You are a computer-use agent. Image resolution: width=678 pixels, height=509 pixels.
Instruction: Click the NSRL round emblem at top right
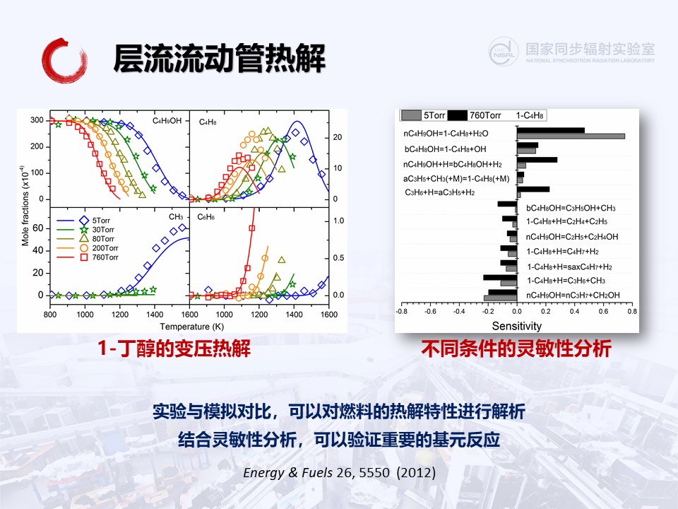504,52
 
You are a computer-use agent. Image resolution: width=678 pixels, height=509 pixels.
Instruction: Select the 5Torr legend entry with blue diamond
83,221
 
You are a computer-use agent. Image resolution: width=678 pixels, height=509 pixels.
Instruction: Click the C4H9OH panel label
167,121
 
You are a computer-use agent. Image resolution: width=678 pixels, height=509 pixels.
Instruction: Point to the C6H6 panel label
206,217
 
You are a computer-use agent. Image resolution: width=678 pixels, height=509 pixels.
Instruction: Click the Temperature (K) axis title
192,327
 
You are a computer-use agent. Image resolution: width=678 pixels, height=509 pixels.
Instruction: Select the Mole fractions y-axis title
25,206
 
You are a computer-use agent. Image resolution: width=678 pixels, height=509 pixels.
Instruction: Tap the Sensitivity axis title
517,326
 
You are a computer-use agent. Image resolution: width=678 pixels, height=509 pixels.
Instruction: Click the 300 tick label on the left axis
37,120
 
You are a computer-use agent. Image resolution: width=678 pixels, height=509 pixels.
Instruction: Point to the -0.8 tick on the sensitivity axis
402,311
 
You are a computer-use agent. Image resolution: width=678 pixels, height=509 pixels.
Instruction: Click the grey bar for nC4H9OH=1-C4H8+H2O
571,136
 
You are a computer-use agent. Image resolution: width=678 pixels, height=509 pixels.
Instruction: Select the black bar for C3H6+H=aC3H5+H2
533,189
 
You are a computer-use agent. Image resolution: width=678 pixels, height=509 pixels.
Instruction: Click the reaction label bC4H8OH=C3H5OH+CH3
571,208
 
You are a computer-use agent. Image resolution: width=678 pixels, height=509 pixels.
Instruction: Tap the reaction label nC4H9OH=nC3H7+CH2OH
573,296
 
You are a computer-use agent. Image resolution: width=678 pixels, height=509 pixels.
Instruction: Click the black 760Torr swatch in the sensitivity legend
458,115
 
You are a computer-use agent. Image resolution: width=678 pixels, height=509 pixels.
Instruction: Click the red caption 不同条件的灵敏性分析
516,349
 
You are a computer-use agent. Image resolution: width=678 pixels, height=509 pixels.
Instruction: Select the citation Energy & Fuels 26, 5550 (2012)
340,472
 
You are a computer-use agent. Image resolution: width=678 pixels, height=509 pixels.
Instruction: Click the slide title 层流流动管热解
219,58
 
